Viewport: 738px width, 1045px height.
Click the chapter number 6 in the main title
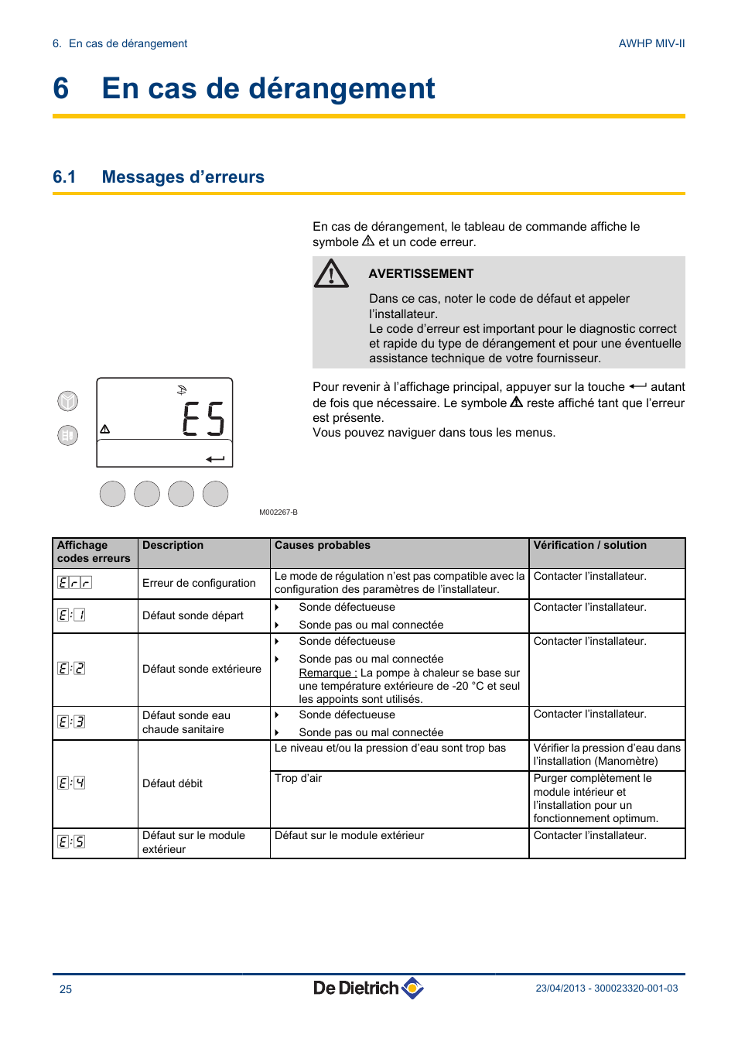coord(61,89)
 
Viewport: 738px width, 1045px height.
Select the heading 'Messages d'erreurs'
coord(183,177)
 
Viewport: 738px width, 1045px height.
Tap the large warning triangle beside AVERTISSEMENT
coord(331,273)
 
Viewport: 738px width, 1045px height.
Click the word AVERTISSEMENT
coord(421,274)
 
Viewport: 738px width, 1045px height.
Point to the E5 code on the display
coord(203,419)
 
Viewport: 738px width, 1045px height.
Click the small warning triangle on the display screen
coord(105,429)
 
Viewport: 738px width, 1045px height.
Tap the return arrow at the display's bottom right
coord(215,459)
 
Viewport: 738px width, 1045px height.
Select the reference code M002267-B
coord(278,512)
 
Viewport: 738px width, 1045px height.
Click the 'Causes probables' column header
coord(323,546)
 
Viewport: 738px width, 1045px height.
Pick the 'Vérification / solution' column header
coord(589,546)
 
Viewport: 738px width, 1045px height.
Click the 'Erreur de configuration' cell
coord(199,584)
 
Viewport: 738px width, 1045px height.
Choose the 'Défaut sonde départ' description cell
coord(193,616)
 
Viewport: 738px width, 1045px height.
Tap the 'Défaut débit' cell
coord(173,784)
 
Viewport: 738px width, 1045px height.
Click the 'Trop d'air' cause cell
coord(298,779)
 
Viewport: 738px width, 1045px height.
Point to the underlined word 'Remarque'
coord(327,673)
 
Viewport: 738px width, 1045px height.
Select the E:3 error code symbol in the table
coord(71,722)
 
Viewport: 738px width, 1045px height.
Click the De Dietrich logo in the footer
coord(368,988)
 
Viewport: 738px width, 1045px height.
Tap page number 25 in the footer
coord(66,989)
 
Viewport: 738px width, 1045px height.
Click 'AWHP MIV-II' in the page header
coord(651,44)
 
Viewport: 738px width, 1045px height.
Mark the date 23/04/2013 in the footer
coord(560,988)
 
